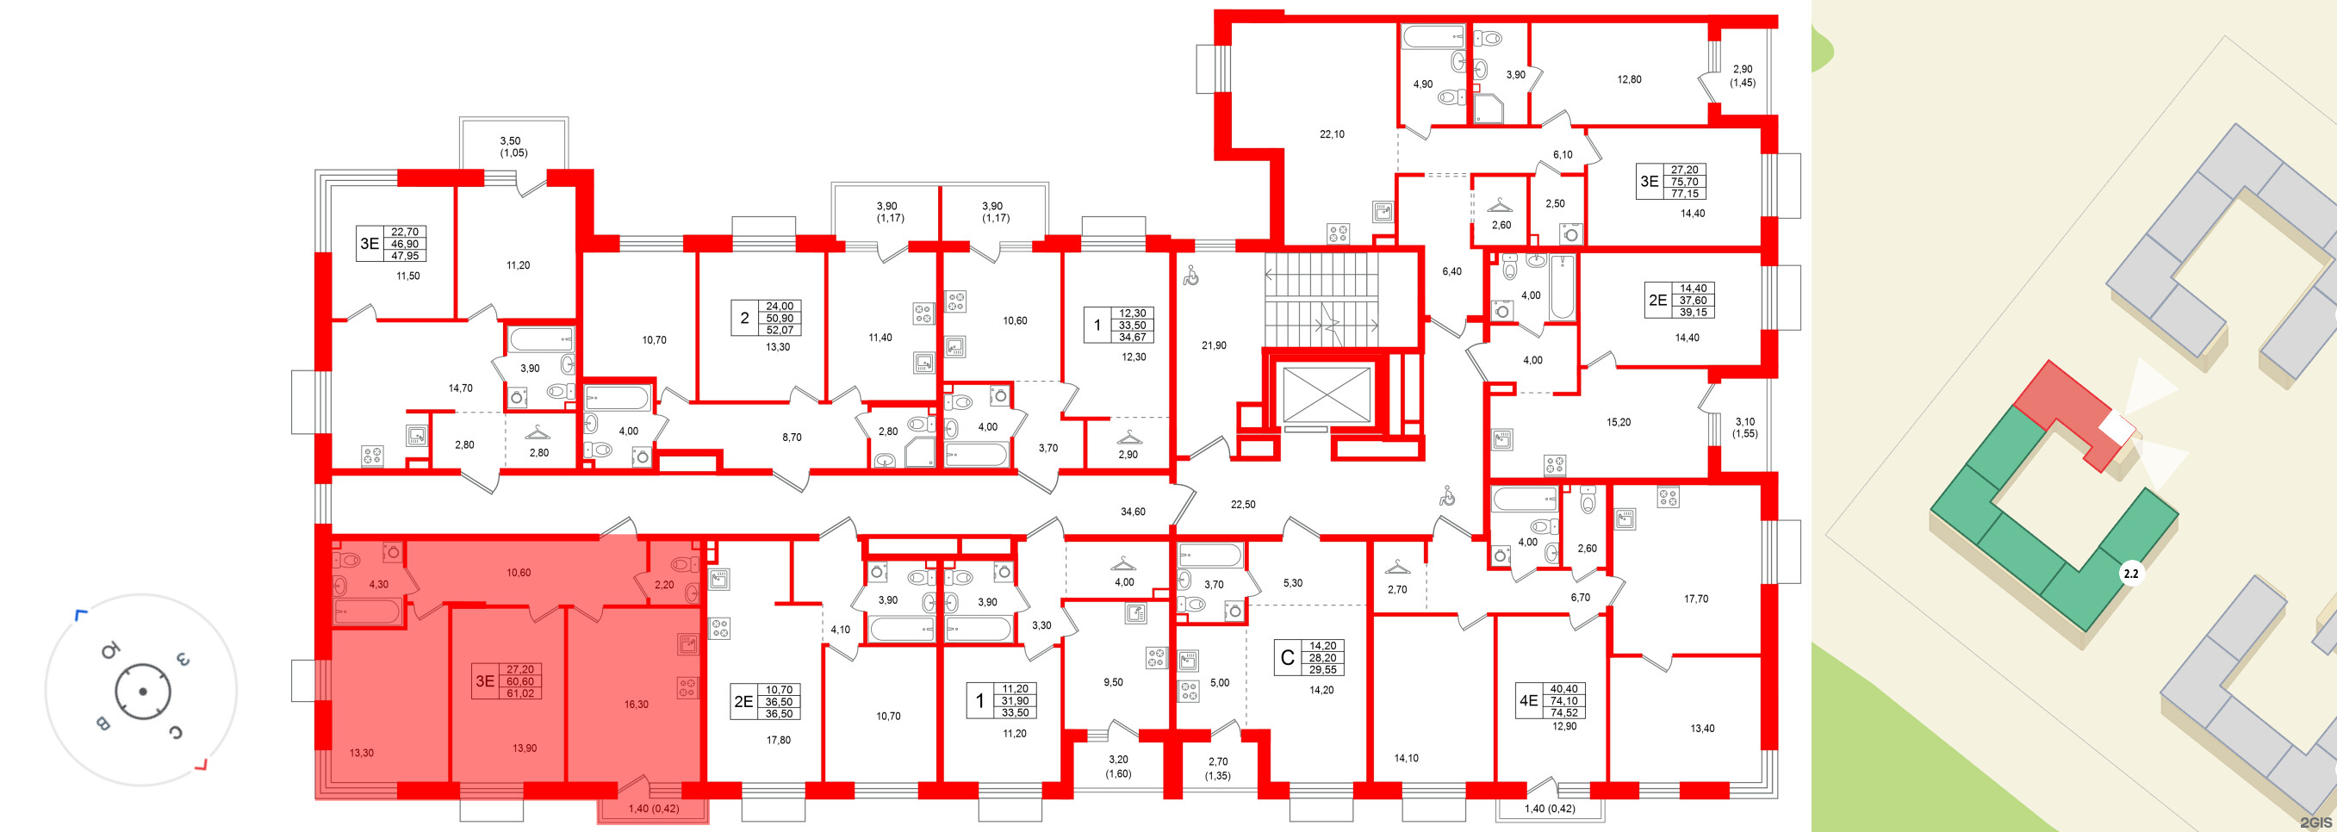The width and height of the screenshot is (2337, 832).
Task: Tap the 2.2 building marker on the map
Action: (2131, 574)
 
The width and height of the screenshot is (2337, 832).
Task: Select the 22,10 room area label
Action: (1331, 134)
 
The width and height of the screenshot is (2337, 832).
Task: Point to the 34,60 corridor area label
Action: (1132, 512)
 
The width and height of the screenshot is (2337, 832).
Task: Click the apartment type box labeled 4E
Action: (1529, 700)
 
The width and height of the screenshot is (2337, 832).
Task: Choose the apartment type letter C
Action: (1286, 658)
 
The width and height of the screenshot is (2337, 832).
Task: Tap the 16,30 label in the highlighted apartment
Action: (636, 704)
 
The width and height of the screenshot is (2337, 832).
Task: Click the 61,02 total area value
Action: (519, 693)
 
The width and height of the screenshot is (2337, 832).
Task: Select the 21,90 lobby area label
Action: (1213, 345)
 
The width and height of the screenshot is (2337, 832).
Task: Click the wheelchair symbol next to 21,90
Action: (1190, 275)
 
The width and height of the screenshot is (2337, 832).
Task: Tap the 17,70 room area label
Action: (1694, 599)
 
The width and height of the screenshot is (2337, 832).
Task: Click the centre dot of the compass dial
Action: (142, 692)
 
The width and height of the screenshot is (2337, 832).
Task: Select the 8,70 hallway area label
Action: (791, 438)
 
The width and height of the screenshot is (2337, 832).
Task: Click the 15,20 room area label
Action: (1618, 423)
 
